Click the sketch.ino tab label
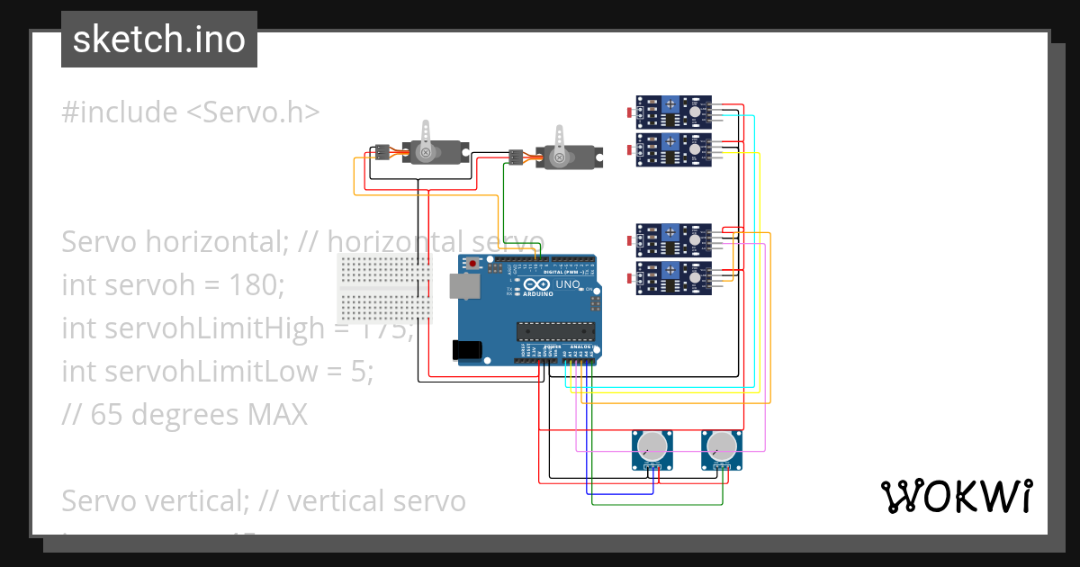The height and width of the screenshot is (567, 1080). click(159, 40)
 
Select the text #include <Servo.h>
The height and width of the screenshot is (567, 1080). click(191, 112)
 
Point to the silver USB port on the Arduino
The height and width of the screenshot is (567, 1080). click(464, 285)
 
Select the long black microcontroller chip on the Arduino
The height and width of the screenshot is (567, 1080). click(555, 330)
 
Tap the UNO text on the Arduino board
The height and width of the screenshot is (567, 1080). click(568, 284)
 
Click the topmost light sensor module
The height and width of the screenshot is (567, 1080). click(674, 112)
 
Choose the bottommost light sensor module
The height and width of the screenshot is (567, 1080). click(674, 277)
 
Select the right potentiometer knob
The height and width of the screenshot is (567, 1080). click(722, 445)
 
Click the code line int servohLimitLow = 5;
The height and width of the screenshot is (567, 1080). click(217, 372)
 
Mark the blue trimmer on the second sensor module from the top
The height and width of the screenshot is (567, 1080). click(670, 142)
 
